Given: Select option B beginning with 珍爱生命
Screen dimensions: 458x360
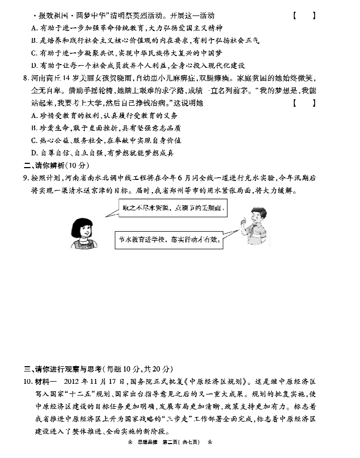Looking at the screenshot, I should point(106,128).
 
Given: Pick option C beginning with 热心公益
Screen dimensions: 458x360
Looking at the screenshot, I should point(106,140).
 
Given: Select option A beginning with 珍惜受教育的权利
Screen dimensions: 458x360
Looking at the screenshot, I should point(105,115).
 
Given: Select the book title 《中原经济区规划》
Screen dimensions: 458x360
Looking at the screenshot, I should point(214,382).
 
